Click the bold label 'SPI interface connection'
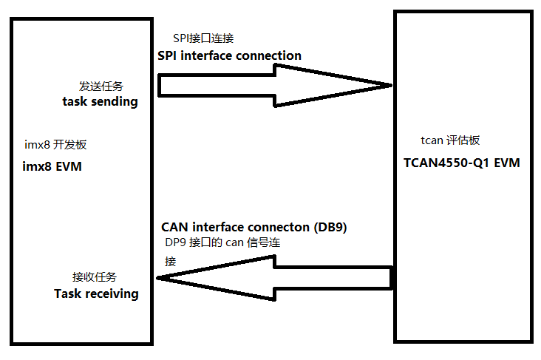pyautogui.click(x=229, y=55)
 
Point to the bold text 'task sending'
pyautogui.click(x=100, y=102)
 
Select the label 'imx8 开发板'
pyautogui.click(x=55, y=145)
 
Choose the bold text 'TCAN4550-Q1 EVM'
pyautogui.click(x=461, y=163)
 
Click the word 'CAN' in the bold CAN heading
pyautogui.click(x=175, y=227)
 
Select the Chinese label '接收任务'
pyautogui.click(x=94, y=277)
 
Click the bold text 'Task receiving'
pyautogui.click(x=96, y=293)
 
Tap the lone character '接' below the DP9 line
pyautogui.click(x=171, y=261)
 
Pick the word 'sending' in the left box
pyautogui.click(x=115, y=102)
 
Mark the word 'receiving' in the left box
pyautogui.click(x=110, y=293)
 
